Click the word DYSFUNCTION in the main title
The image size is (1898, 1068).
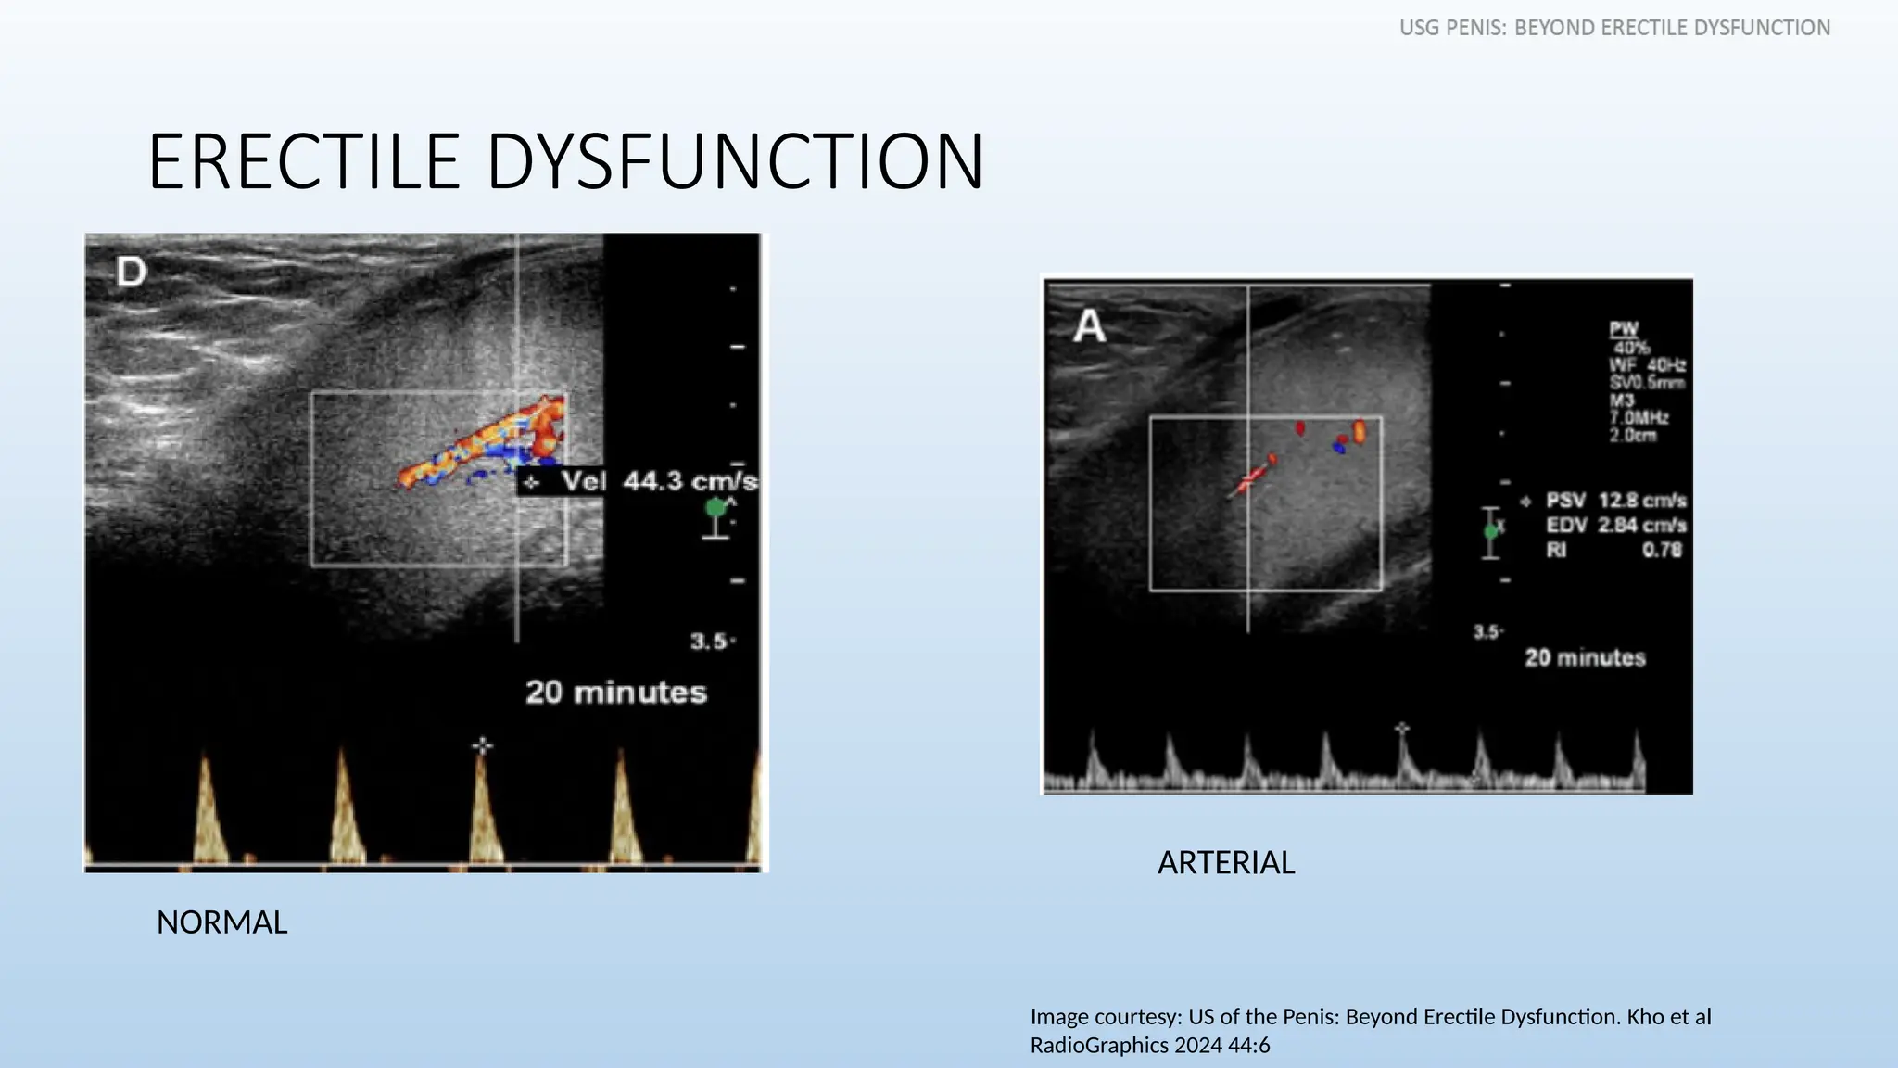734,162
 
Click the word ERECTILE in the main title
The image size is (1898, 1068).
304,162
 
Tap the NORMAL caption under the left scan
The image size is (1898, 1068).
221,922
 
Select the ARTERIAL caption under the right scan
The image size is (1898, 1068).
1225,863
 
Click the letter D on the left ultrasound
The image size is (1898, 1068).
132,272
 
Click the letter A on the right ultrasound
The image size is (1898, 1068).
1090,325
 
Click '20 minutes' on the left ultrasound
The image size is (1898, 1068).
616,693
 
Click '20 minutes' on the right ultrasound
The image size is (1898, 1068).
1585,658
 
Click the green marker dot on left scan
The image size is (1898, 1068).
715,508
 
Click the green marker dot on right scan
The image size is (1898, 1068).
1490,531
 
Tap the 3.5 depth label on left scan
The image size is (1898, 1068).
709,642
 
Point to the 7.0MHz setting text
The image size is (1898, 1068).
1639,418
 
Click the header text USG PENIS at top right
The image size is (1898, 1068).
1453,28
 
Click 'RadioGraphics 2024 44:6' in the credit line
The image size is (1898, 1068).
1149,1046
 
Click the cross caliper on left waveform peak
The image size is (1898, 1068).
482,745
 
